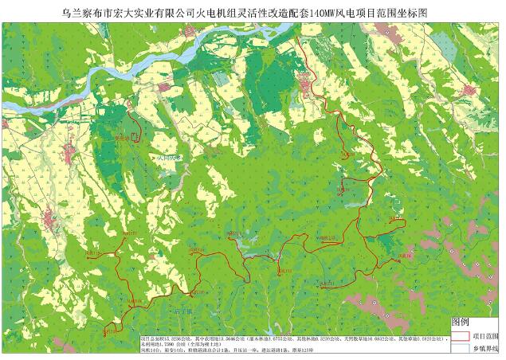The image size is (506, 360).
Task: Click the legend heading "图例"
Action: pos(461,323)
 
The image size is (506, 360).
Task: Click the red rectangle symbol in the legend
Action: pos(461,336)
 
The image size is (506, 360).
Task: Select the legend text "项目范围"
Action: pos(488,336)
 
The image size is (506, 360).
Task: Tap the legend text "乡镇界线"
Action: pos(488,348)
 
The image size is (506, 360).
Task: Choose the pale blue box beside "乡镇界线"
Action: pos(461,348)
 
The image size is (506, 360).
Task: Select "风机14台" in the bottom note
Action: pos(151,350)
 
